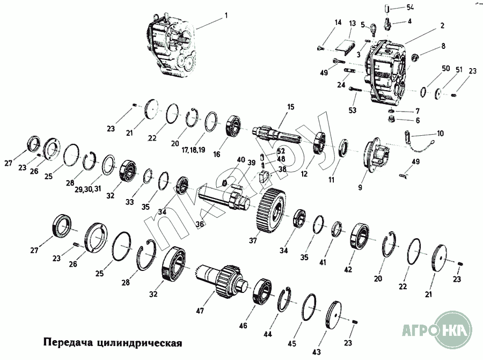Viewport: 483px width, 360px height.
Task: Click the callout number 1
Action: [226, 16]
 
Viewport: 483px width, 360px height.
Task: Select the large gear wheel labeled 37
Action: [271, 210]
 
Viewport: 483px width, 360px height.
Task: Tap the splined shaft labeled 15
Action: [280, 135]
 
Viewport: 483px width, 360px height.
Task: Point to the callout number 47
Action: [200, 311]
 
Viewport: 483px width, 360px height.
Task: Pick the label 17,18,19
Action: [193, 150]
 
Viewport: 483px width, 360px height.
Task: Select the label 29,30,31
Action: [88, 189]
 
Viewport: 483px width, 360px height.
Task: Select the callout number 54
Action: [410, 7]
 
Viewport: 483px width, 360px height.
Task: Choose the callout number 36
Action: [200, 224]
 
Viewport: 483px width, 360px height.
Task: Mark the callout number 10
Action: [440, 134]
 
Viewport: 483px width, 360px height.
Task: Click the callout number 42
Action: [348, 269]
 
